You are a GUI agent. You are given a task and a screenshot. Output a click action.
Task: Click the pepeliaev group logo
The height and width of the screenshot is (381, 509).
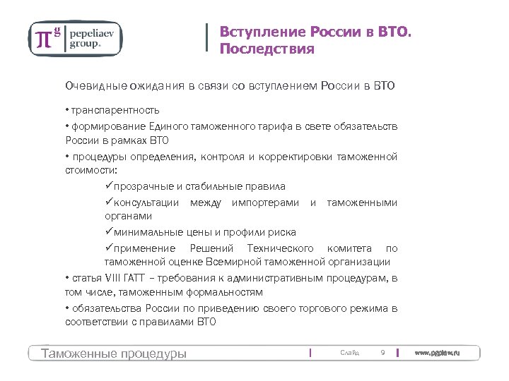point(75,38)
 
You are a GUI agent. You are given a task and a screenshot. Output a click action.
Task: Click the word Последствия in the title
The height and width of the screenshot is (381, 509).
point(266,49)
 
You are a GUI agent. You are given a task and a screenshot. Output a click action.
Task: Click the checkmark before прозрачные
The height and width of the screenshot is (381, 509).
point(108,186)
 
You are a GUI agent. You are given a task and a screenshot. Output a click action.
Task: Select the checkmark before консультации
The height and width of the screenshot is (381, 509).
point(108,202)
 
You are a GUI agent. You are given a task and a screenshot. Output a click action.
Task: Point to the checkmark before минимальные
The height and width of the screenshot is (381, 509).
point(108,232)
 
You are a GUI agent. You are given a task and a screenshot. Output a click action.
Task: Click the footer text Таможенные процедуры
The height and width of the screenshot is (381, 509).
point(114,353)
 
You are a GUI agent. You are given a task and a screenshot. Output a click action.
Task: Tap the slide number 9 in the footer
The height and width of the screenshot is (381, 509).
point(382,353)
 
